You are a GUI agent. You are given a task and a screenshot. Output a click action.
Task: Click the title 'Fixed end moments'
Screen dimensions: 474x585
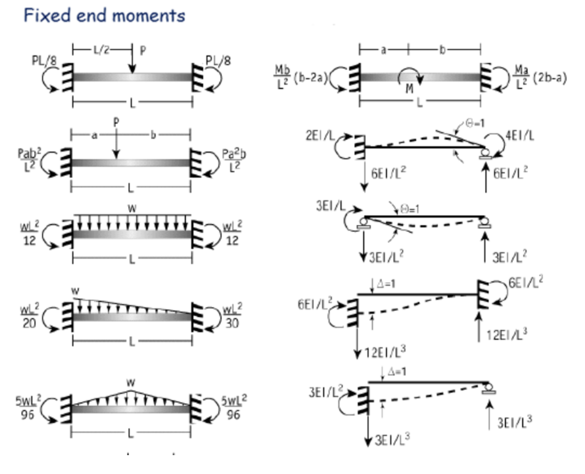pyautogui.click(x=104, y=15)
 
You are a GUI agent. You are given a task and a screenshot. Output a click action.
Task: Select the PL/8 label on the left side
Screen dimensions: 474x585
pyautogui.click(x=43, y=61)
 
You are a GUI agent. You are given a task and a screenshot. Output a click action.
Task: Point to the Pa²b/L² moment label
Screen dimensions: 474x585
pyautogui.click(x=234, y=162)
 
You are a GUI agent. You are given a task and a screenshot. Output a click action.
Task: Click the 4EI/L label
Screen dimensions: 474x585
pyautogui.click(x=522, y=137)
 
